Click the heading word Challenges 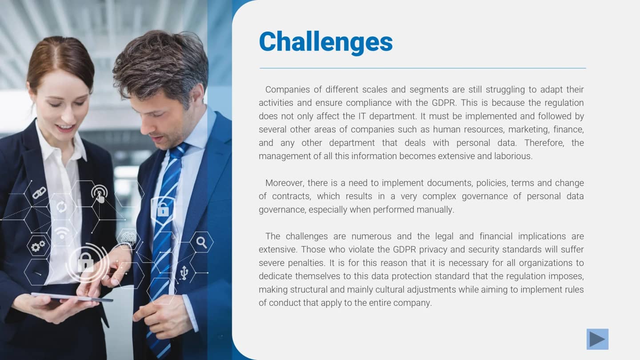(326, 42)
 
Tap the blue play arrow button (597, 339)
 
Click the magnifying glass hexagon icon (201, 242)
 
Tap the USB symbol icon (184, 272)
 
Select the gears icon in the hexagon (38, 246)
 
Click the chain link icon (39, 193)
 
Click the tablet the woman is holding (71, 297)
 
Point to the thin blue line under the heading (422, 68)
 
